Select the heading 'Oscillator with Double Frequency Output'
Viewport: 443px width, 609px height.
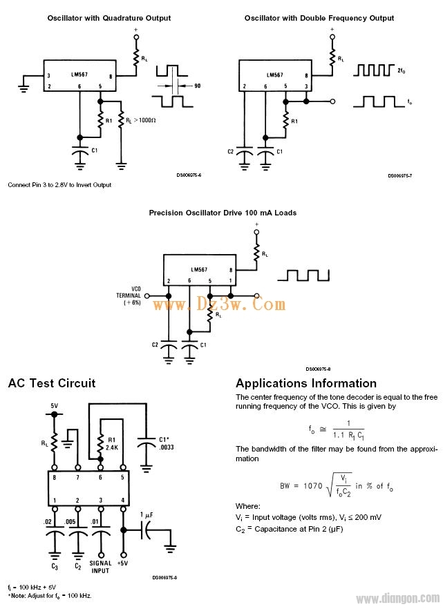(319, 18)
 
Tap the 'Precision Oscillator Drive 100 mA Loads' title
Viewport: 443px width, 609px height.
(223, 213)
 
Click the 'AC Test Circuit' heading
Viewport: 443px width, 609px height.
(52, 383)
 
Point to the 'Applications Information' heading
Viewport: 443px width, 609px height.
(306, 383)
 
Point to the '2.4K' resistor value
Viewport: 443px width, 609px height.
(111, 446)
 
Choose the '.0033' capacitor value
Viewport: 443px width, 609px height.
(163, 446)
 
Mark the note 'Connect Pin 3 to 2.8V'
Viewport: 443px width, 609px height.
(59, 185)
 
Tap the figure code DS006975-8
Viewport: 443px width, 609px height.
(319, 369)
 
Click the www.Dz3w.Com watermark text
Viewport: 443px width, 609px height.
(218, 304)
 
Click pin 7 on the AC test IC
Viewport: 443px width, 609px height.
(77, 477)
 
